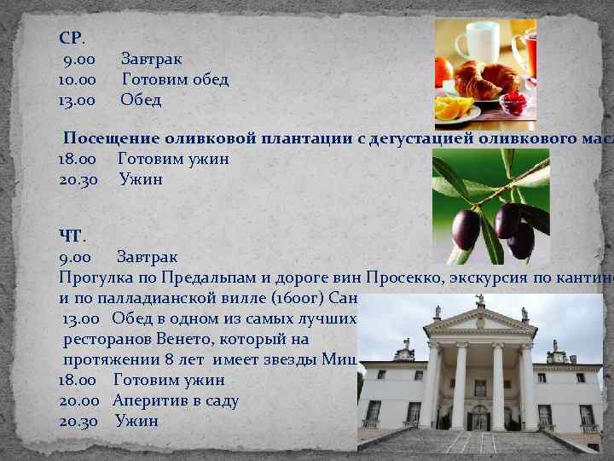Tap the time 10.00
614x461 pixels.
click(x=76, y=79)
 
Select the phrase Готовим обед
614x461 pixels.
click(x=175, y=79)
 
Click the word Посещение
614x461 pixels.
click(x=112, y=138)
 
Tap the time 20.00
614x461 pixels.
click(x=79, y=400)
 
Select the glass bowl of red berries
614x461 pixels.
click(x=513, y=104)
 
